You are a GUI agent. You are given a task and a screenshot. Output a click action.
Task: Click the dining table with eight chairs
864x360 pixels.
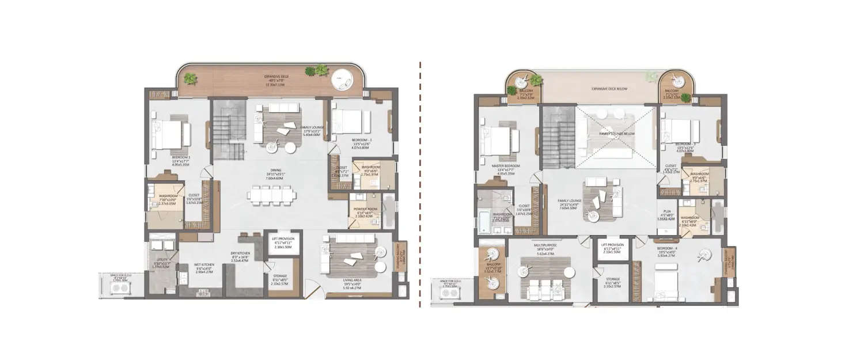(273, 196)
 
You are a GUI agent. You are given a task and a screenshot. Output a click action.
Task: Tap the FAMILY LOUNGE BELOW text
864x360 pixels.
(612, 133)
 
